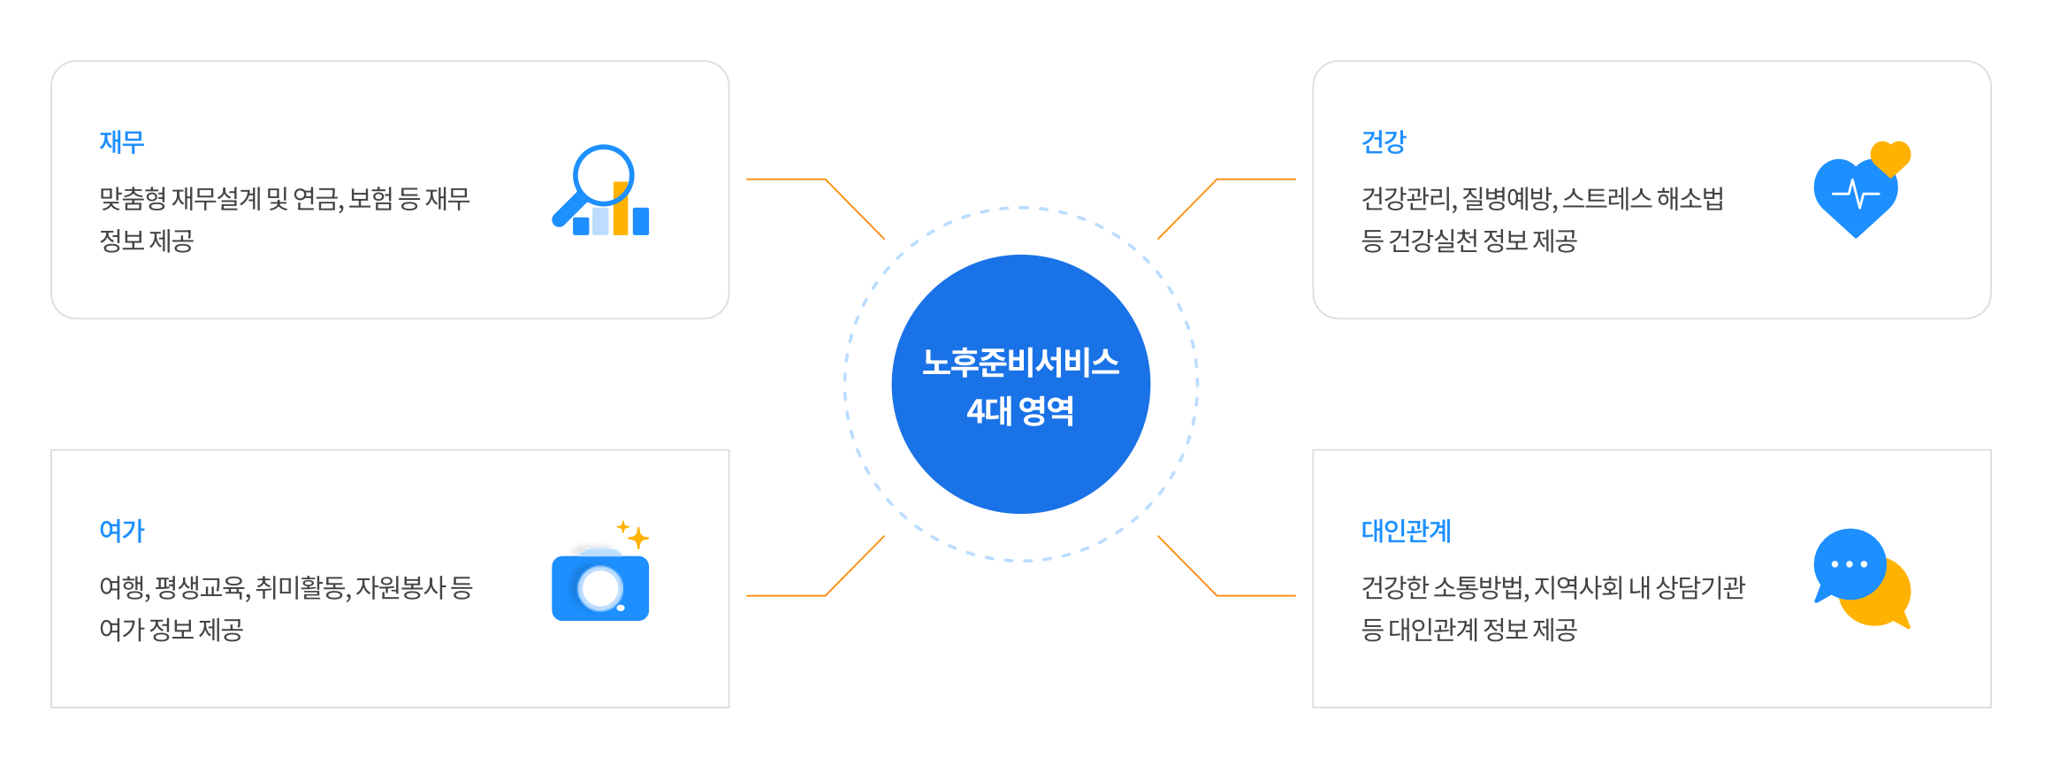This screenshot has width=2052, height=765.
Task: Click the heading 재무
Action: (x=122, y=142)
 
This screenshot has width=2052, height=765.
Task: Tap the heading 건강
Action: (x=1384, y=142)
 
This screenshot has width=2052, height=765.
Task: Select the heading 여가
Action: (x=122, y=531)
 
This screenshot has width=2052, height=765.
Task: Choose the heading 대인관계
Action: (x=1406, y=531)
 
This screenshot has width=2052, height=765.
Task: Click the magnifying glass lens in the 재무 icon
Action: (x=602, y=174)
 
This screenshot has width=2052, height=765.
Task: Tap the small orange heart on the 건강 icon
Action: (x=1890, y=157)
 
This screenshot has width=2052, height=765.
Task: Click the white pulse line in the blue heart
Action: (x=1856, y=193)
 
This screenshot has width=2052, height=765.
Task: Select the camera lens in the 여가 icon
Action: (x=600, y=589)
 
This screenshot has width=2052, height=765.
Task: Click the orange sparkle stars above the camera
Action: (x=634, y=533)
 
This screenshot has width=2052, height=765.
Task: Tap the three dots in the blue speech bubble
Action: (x=1849, y=564)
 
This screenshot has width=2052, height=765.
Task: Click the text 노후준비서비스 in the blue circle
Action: (x=1020, y=363)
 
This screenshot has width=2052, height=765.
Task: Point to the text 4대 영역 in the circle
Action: (x=1020, y=411)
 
